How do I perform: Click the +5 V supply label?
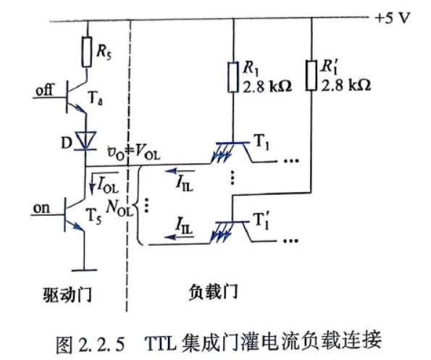pos(392,18)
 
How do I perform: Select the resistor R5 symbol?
pos(87,52)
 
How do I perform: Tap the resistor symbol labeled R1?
pos(233,77)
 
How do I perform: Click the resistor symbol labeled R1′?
pos(311,75)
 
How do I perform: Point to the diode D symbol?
pos(86,141)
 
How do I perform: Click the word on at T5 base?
pos(42,208)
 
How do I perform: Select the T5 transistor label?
pos(93,217)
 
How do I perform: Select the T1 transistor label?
pos(262,143)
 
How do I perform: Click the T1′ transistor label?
pos(262,220)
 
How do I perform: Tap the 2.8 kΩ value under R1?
pos(267,86)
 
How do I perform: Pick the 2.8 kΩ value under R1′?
pos(346,85)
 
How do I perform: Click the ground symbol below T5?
pos(84,270)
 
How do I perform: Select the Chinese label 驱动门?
pos(67,295)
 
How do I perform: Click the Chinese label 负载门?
pos(213,292)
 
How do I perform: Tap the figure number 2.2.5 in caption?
pos(101,344)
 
